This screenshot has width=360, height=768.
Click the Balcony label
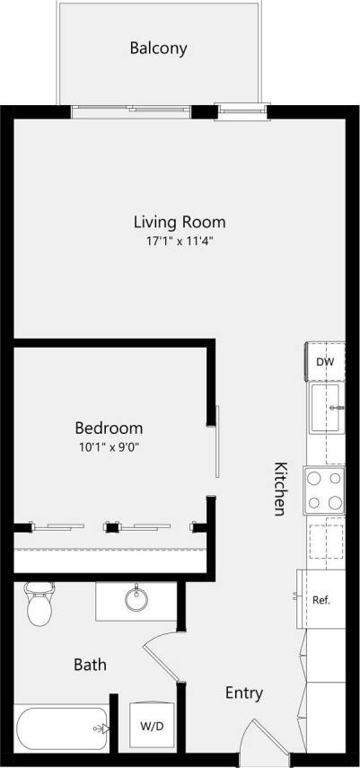[x=158, y=49]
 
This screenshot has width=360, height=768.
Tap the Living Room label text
[x=179, y=222]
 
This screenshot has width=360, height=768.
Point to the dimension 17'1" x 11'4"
[x=179, y=241]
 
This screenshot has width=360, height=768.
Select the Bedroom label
[x=108, y=428]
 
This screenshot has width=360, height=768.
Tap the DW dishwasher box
[x=325, y=362]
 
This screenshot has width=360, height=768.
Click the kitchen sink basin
[x=327, y=408]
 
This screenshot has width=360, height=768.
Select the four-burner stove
[x=325, y=490]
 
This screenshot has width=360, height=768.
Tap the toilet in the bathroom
[x=39, y=604]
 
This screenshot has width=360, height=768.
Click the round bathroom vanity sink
[x=137, y=599]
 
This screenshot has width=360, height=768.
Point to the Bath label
[x=90, y=665]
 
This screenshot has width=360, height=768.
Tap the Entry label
[x=243, y=693]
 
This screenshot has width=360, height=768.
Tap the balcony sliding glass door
[x=144, y=110]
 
